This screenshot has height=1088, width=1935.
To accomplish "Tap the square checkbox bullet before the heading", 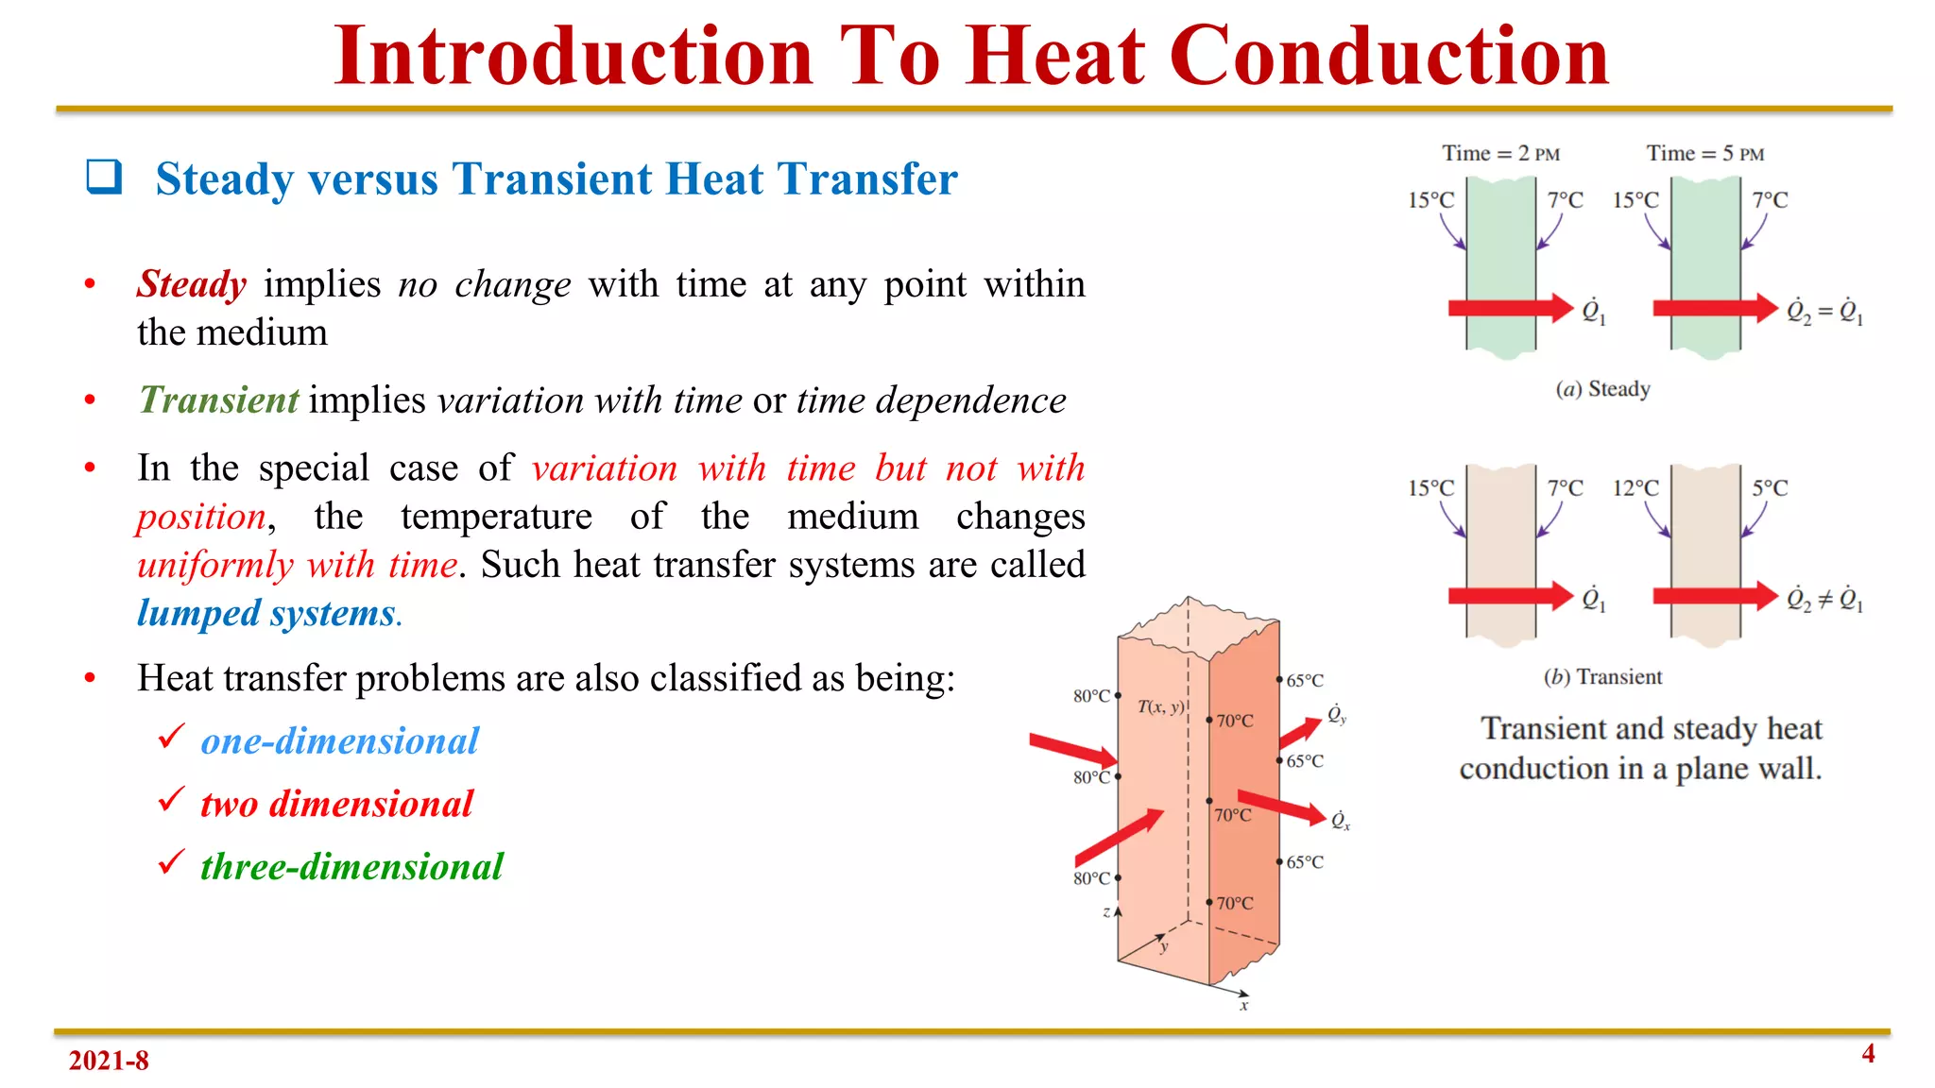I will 104,177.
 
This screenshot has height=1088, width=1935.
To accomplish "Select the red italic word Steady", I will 192,284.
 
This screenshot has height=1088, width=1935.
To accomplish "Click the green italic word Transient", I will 219,400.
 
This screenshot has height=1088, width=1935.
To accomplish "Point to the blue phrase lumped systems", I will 267,613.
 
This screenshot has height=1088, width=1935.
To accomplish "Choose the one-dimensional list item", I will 339,741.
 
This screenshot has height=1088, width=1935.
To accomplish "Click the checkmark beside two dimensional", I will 171,800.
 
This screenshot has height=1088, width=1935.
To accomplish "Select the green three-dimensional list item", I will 351,867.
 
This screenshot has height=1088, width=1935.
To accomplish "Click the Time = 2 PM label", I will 1500,153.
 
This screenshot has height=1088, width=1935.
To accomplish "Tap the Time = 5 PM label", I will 1704,153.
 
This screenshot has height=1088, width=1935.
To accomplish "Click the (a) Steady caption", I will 1602,389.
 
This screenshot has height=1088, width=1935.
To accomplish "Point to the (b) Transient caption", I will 1602,677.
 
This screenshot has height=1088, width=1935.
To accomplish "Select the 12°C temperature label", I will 1635,488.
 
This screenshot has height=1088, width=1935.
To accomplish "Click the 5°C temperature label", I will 1770,488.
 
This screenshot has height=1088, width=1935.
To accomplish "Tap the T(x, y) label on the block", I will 1160,706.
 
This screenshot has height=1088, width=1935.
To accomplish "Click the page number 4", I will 1868,1054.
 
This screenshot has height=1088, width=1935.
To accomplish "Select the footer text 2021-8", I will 109,1061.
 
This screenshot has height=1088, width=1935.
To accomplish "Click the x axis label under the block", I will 1244,1006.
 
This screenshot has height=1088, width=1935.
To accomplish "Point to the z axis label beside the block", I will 1106,912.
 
